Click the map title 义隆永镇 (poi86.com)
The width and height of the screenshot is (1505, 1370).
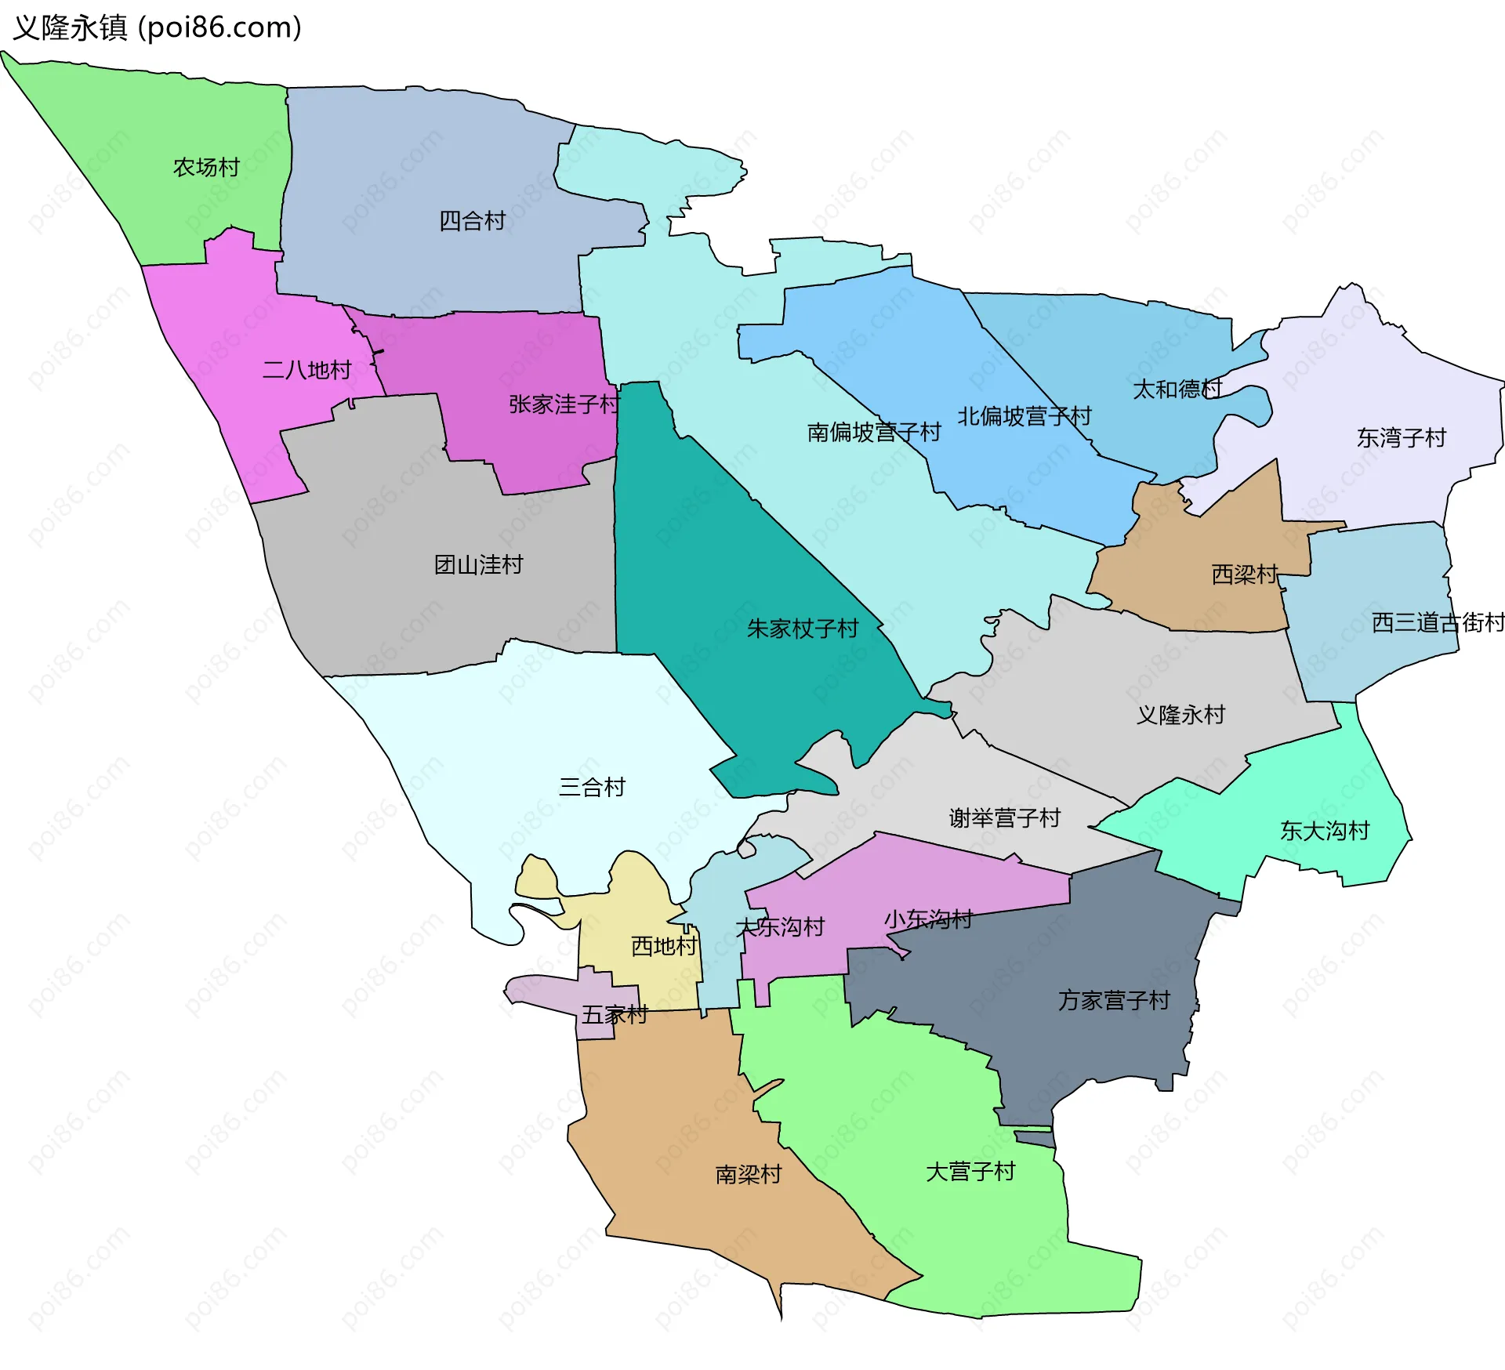point(157,28)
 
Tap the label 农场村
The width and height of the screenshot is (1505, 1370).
point(206,168)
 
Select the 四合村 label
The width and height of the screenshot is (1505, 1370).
point(472,221)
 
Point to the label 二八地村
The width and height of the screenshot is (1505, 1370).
point(306,370)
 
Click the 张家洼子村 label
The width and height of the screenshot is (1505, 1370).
point(564,404)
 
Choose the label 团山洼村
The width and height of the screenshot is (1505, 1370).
point(478,564)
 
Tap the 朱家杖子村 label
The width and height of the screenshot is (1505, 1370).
point(803,629)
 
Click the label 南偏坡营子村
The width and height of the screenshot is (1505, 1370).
point(873,433)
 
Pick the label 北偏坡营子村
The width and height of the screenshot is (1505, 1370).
point(1024,416)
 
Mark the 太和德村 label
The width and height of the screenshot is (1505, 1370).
point(1177,390)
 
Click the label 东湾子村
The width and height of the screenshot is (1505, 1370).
point(1401,438)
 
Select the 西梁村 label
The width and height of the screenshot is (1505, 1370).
point(1244,574)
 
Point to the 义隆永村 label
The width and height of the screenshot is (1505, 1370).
point(1180,715)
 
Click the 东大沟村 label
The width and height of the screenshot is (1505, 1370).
point(1324,831)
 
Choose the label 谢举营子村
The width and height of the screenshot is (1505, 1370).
point(1004,818)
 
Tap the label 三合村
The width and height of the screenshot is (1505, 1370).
point(592,787)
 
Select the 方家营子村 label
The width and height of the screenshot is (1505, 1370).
point(1113,1001)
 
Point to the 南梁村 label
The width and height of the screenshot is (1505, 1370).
point(748,1174)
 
